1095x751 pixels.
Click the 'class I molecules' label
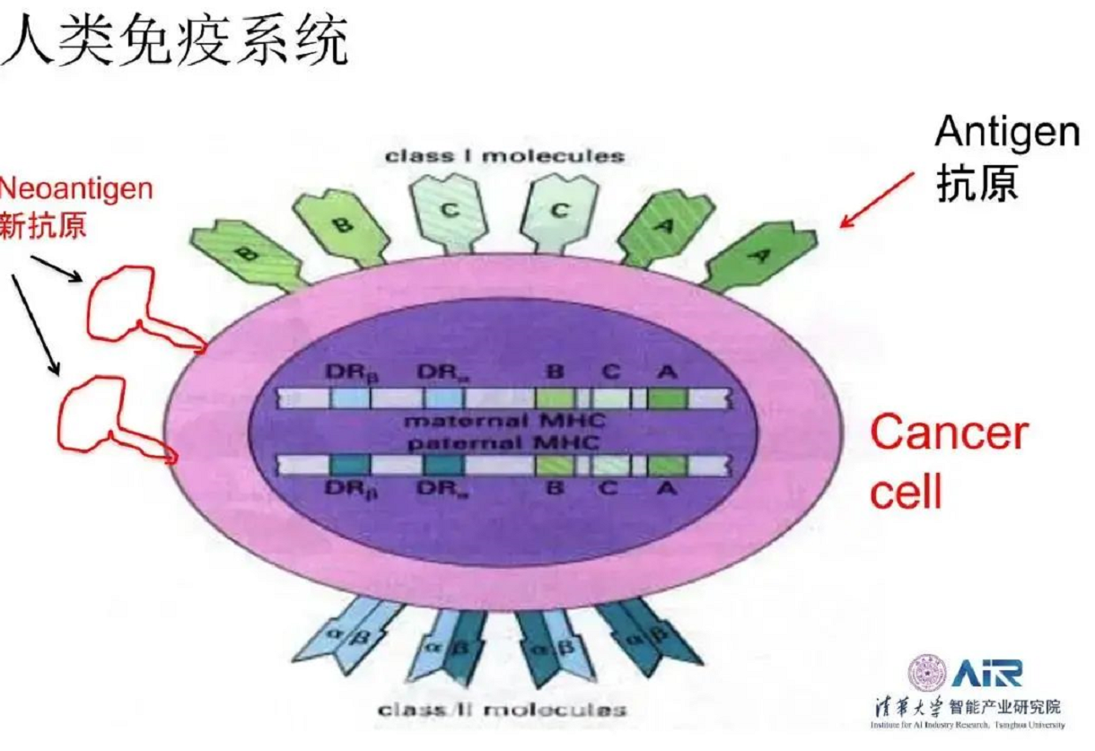[504, 155]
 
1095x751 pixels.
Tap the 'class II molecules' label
[502, 710]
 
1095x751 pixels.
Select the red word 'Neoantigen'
[76, 188]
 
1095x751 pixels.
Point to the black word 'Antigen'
[1007, 134]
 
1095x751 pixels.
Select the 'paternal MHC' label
[504, 442]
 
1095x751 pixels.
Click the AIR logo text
[986, 672]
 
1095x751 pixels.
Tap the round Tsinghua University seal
[926, 673]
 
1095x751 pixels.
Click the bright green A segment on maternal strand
[668, 397]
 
